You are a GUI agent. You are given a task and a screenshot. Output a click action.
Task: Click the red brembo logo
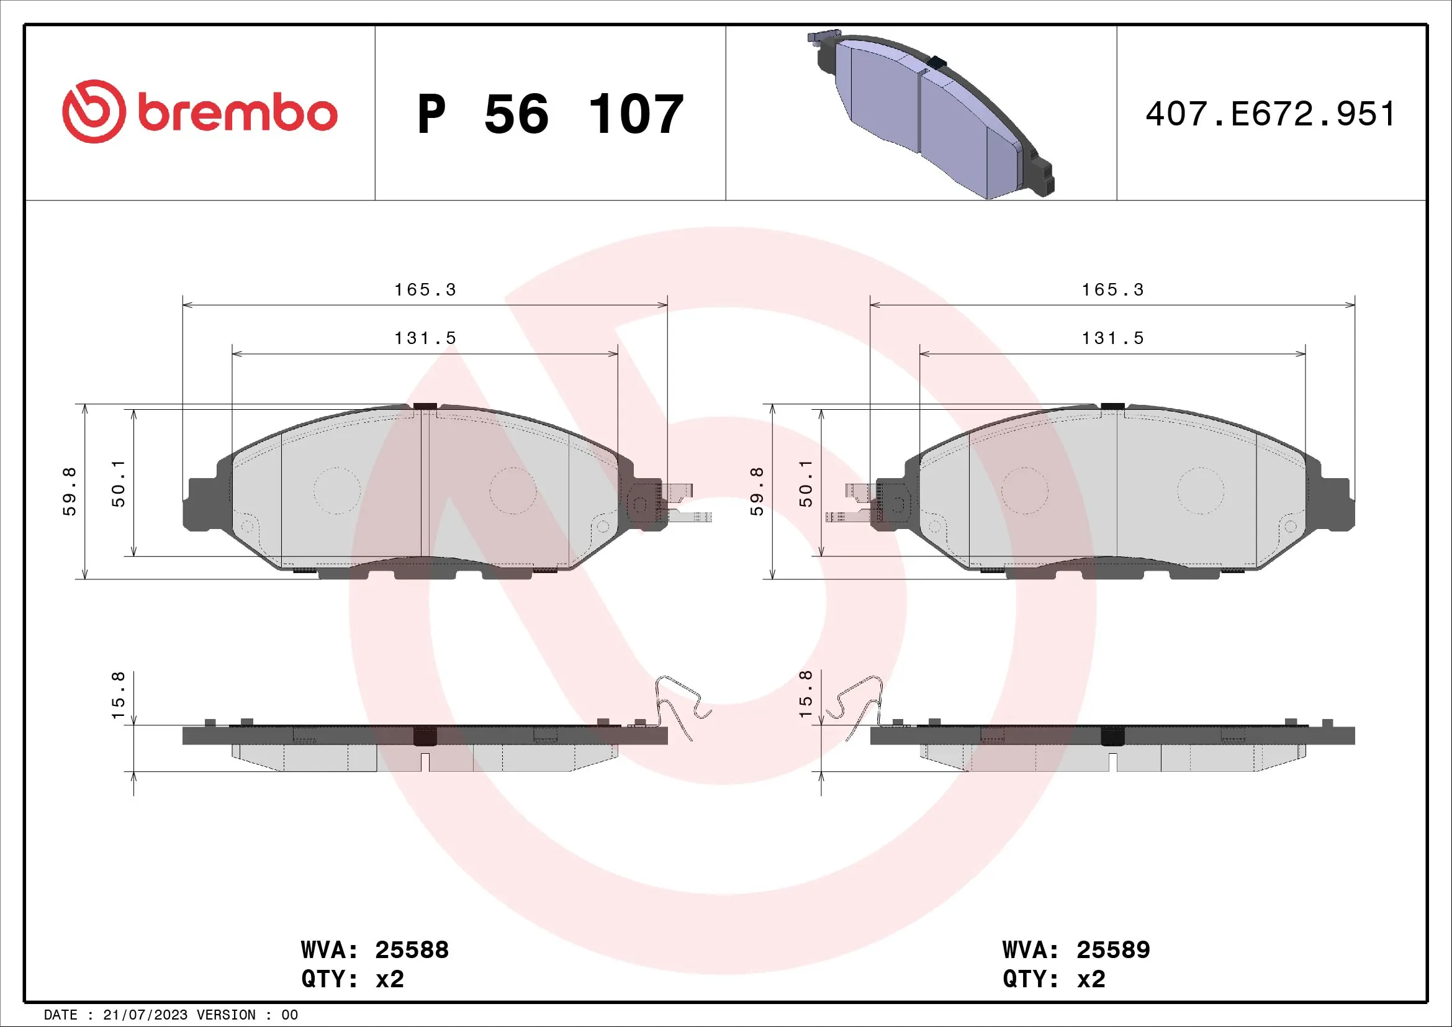[199, 112]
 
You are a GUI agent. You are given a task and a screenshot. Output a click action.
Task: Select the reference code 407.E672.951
[1270, 114]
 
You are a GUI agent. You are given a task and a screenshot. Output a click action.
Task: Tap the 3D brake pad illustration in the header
[930, 114]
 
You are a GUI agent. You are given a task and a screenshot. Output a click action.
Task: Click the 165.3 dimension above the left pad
[425, 289]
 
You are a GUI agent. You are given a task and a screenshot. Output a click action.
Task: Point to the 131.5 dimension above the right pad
[1112, 338]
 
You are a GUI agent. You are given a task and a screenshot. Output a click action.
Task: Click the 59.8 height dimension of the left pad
[69, 491]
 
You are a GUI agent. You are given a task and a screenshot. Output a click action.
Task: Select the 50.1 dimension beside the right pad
[805, 483]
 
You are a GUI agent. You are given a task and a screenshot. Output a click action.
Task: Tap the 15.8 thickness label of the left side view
[119, 695]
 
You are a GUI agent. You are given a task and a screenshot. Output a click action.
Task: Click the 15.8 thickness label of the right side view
[805, 694]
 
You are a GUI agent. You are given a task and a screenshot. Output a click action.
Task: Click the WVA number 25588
[412, 949]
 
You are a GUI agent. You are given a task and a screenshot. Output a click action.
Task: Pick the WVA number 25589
[1113, 949]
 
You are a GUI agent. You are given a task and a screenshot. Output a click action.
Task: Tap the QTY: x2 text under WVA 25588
[352, 979]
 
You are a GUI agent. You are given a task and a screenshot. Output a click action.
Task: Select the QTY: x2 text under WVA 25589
[1053, 979]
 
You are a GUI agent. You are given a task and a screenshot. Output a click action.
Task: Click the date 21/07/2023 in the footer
[145, 1015]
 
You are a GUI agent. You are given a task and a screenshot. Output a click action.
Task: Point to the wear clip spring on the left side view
[680, 705]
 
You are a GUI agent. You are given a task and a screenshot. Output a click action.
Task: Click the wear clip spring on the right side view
[857, 705]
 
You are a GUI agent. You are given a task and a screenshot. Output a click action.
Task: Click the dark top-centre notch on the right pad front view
[1112, 406]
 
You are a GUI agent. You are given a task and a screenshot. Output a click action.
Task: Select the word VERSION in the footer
[227, 1015]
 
